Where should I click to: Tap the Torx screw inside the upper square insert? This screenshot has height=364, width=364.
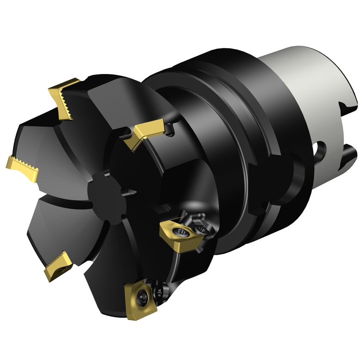pos(182,233)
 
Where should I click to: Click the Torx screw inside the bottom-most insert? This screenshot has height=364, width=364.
pos(143,295)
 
